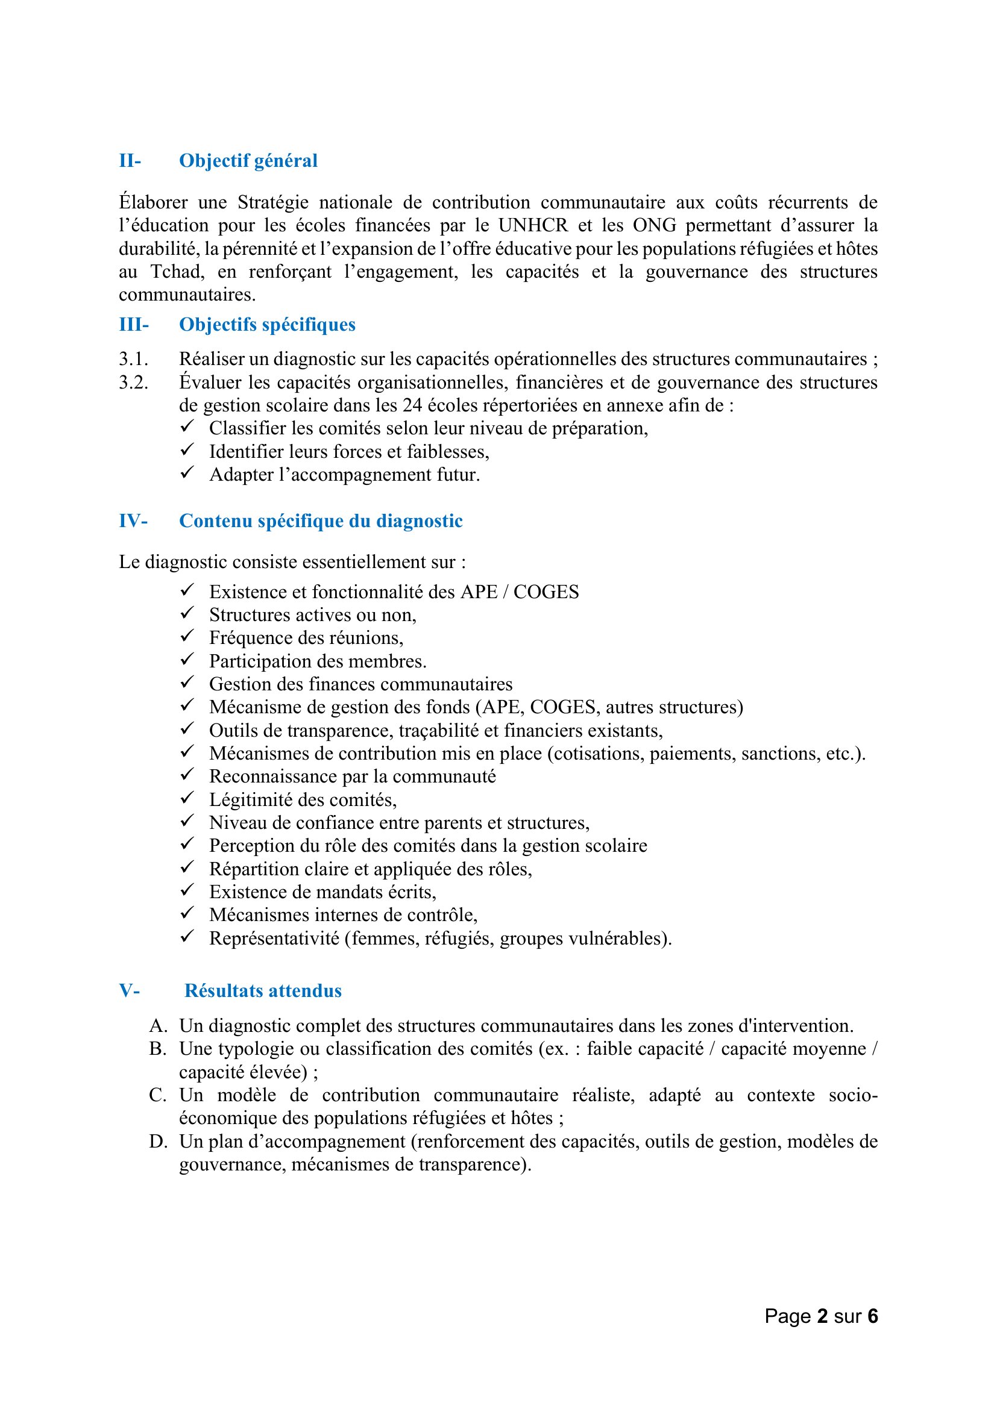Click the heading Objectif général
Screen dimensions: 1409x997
pos(248,161)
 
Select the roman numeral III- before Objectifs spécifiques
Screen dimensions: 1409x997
pos(134,325)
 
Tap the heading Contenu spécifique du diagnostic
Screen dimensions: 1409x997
pos(321,521)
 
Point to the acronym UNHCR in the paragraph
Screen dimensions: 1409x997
pos(533,225)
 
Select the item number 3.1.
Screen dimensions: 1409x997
pos(133,359)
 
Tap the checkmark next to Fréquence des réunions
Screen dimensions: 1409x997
pos(187,636)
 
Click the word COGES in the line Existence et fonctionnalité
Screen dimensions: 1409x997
pos(546,592)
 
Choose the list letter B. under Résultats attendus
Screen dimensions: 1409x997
pos(158,1049)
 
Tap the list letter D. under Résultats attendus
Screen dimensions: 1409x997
pos(158,1142)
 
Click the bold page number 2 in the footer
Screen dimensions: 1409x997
pos(822,1316)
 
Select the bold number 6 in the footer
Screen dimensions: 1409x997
pos(872,1316)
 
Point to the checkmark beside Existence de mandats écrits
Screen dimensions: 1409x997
pos(187,890)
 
